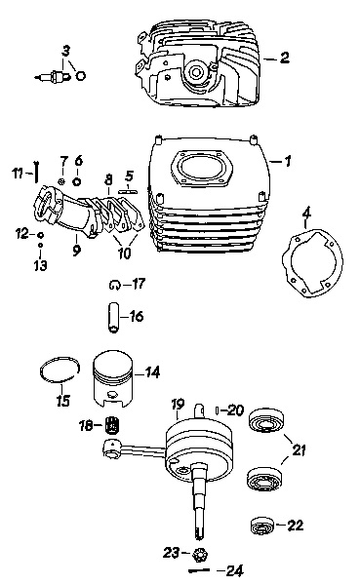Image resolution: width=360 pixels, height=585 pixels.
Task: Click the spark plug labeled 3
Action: click(x=53, y=76)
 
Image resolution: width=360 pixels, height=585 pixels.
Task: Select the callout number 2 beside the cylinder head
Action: click(x=284, y=58)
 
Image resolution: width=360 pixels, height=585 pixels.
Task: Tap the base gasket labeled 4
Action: click(x=312, y=263)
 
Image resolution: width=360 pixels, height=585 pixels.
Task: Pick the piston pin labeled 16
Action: click(x=113, y=317)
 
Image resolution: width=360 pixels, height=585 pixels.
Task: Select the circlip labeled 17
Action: click(x=114, y=285)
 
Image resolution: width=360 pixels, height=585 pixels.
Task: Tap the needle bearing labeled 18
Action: click(x=111, y=425)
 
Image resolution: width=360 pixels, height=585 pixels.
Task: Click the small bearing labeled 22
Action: click(x=261, y=526)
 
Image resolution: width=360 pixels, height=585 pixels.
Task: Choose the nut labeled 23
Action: click(x=200, y=555)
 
